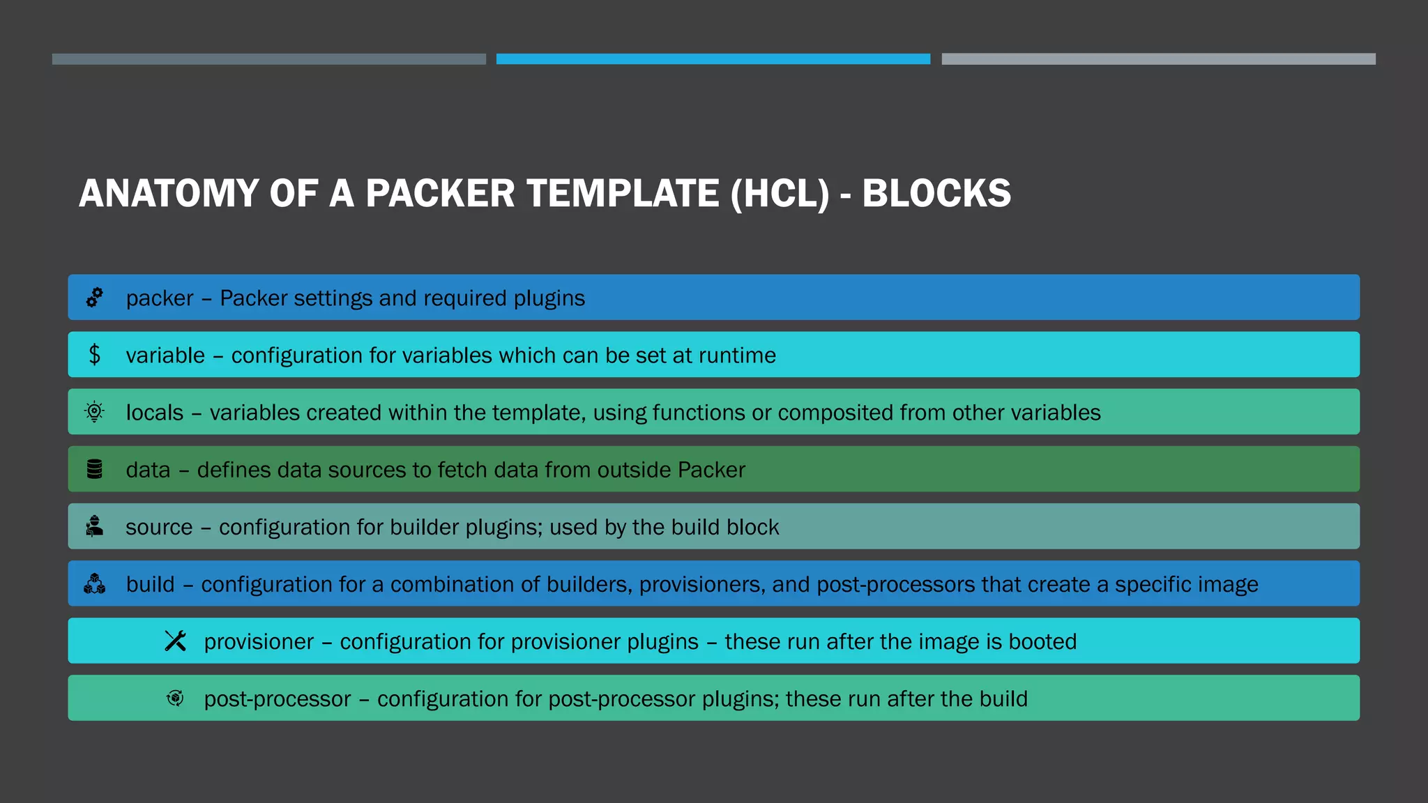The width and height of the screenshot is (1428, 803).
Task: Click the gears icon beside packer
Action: pos(94,298)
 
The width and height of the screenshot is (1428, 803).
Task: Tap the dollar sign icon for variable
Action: pos(95,355)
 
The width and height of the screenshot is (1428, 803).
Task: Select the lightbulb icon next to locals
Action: pos(94,412)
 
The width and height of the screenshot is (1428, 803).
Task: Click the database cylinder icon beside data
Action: pos(95,469)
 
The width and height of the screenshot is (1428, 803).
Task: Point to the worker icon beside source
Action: pos(95,526)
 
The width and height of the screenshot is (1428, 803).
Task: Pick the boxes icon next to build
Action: pos(95,583)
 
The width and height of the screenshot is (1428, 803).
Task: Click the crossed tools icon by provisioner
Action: pos(175,641)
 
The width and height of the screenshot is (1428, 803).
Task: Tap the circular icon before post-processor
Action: pos(175,698)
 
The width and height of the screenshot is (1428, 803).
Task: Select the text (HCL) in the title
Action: pos(780,194)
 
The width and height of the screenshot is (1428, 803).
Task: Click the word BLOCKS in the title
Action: pos(936,194)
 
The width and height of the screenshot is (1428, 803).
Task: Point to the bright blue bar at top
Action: pos(713,59)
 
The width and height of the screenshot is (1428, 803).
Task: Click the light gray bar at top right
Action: pos(1158,59)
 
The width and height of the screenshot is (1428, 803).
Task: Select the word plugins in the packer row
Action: pos(549,298)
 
